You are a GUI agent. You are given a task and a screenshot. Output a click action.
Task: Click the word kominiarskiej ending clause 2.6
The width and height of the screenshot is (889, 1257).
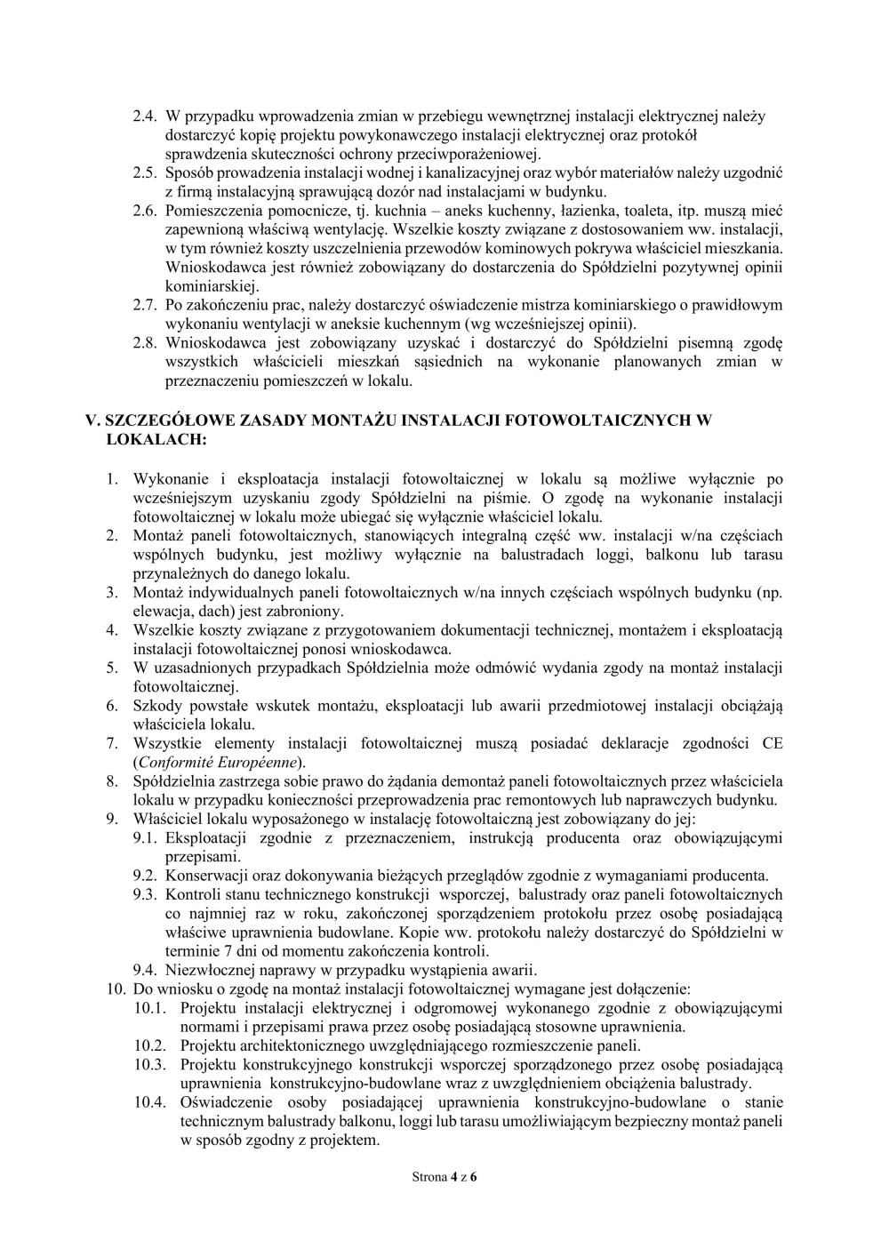(211, 286)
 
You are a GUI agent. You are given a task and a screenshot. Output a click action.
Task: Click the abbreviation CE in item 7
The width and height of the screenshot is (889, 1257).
(773, 743)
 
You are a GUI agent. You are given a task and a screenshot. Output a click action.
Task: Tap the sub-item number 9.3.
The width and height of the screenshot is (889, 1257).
(145, 894)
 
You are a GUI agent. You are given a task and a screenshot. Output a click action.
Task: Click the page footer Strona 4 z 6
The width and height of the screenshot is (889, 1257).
(444, 1177)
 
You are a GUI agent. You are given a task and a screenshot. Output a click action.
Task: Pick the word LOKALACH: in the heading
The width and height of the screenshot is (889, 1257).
(157, 439)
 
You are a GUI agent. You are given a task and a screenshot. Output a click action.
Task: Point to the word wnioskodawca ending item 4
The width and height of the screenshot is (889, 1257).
(406, 649)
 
